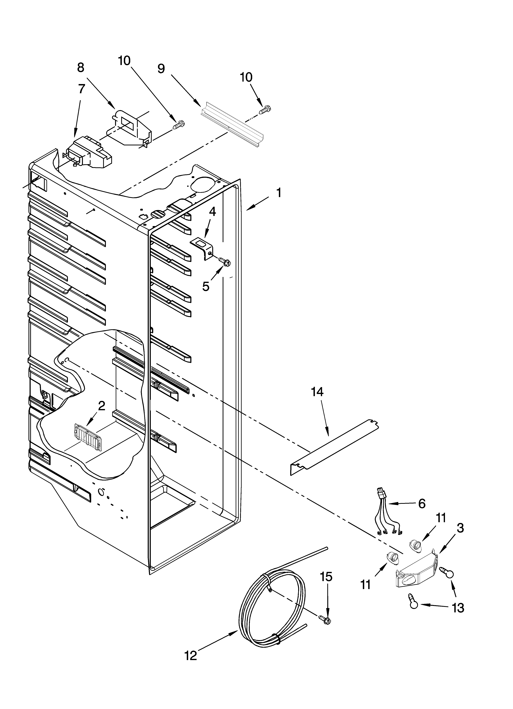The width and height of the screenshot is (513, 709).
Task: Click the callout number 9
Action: point(161,68)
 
